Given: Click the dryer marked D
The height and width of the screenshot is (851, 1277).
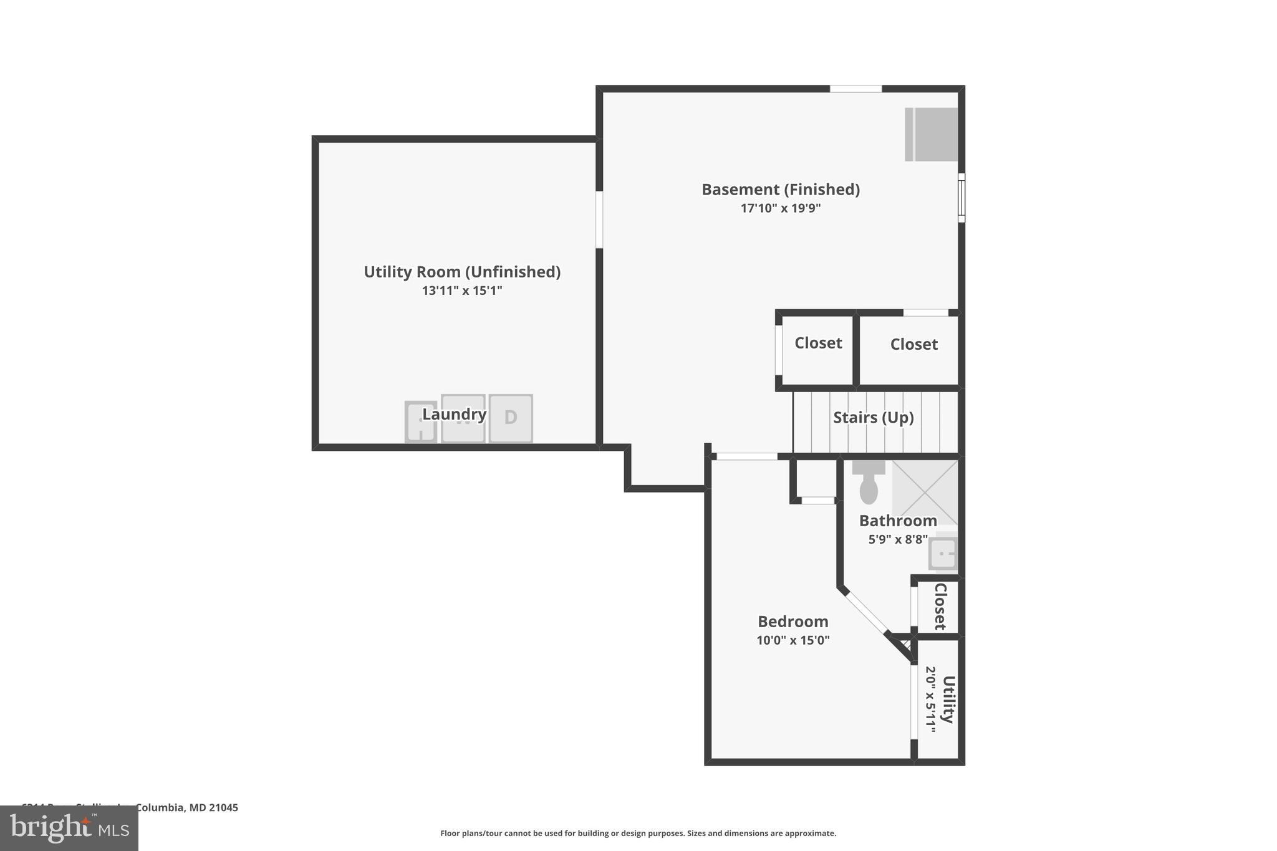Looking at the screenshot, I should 511,418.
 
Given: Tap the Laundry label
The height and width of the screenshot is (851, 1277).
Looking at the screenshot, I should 454,414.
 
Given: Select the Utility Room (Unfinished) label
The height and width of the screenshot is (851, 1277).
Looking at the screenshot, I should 462,272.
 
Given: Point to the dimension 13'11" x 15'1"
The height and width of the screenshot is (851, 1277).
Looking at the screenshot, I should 462,291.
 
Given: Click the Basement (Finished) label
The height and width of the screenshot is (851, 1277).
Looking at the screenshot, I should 781,190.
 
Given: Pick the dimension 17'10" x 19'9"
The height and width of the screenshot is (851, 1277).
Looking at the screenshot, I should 781,208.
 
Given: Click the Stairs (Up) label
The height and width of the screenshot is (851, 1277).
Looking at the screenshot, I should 873,417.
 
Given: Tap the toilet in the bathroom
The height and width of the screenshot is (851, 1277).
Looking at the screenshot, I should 869,484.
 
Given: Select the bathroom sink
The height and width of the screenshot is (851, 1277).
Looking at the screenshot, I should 942,553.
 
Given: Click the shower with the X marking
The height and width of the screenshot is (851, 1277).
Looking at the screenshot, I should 925,491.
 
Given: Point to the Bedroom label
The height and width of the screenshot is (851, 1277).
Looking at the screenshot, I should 793,622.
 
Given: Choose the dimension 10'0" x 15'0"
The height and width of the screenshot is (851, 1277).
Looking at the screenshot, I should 793,640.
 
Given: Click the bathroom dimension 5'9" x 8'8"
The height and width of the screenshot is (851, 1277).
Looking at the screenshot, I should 898,539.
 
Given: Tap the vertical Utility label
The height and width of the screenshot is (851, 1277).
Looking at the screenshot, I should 948,700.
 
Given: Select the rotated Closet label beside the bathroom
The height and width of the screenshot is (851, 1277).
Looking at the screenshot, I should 940,607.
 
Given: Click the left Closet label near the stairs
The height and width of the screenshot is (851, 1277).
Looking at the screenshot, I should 818,343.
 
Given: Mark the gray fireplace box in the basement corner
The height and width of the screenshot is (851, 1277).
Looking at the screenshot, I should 932,135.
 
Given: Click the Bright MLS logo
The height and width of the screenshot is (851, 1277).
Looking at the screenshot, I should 69,828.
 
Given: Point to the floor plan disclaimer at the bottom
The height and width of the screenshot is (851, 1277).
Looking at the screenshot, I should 638,834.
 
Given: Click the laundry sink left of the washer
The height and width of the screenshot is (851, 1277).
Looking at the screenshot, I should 421,422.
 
